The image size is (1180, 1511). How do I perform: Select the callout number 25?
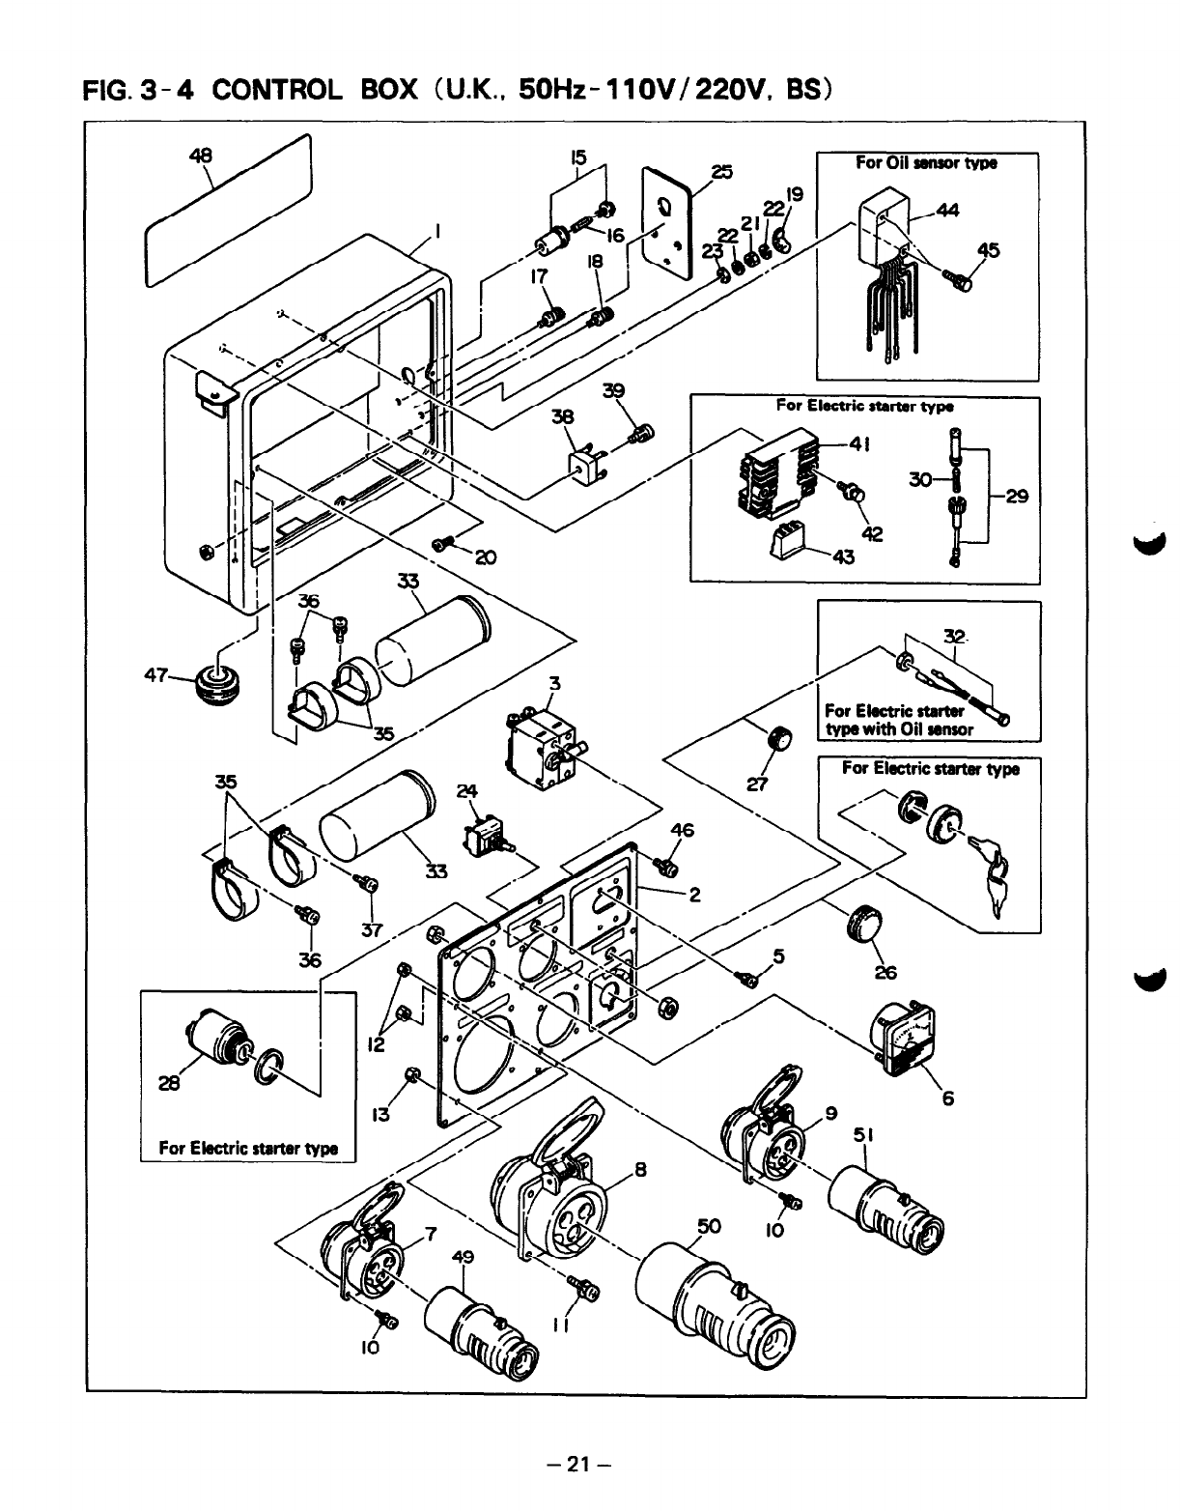coord(721,173)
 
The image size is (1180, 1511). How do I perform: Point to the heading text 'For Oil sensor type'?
coord(926,163)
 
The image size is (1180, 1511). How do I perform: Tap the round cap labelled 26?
coord(861,926)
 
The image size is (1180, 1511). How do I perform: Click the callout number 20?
coord(485,558)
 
